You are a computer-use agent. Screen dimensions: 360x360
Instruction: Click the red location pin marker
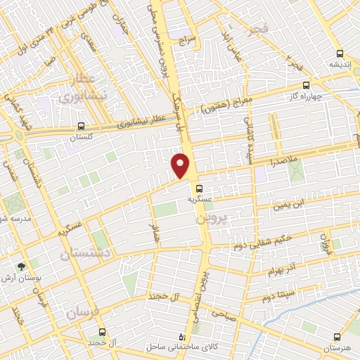[x=181, y=166]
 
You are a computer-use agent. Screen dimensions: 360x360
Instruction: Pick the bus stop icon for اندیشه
[x=340, y=53]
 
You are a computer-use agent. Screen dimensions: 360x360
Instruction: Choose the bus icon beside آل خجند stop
[x=102, y=331]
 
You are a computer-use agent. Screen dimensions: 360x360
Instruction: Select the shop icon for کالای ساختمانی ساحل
[x=184, y=337]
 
